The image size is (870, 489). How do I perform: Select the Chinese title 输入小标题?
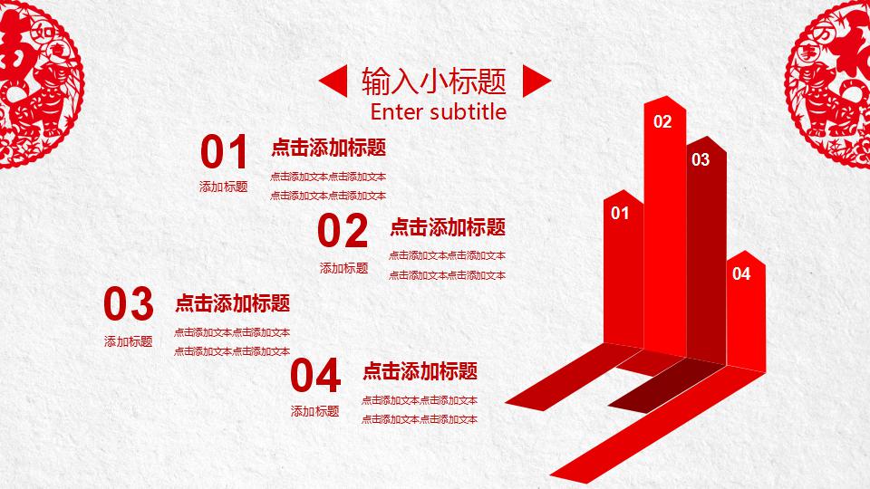(434, 81)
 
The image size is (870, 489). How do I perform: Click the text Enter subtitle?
(439, 111)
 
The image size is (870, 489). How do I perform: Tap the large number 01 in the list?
(224, 152)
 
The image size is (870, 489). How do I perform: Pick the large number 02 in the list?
(343, 231)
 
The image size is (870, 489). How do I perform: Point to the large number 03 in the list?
(129, 303)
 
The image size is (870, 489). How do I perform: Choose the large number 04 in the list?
(315, 375)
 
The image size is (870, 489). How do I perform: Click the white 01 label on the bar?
(620, 213)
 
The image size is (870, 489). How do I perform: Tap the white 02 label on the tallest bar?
(662, 121)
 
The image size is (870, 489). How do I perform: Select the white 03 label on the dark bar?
(701, 159)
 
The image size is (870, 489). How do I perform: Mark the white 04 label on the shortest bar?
(741, 273)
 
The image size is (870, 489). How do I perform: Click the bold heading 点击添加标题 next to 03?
(233, 303)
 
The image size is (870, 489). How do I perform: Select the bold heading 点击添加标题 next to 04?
(420, 371)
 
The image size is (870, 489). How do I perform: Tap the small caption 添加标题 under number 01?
(224, 187)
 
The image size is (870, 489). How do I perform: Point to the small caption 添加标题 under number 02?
(344, 268)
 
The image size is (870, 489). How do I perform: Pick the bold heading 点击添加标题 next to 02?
(448, 227)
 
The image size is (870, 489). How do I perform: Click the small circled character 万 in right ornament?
(826, 34)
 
